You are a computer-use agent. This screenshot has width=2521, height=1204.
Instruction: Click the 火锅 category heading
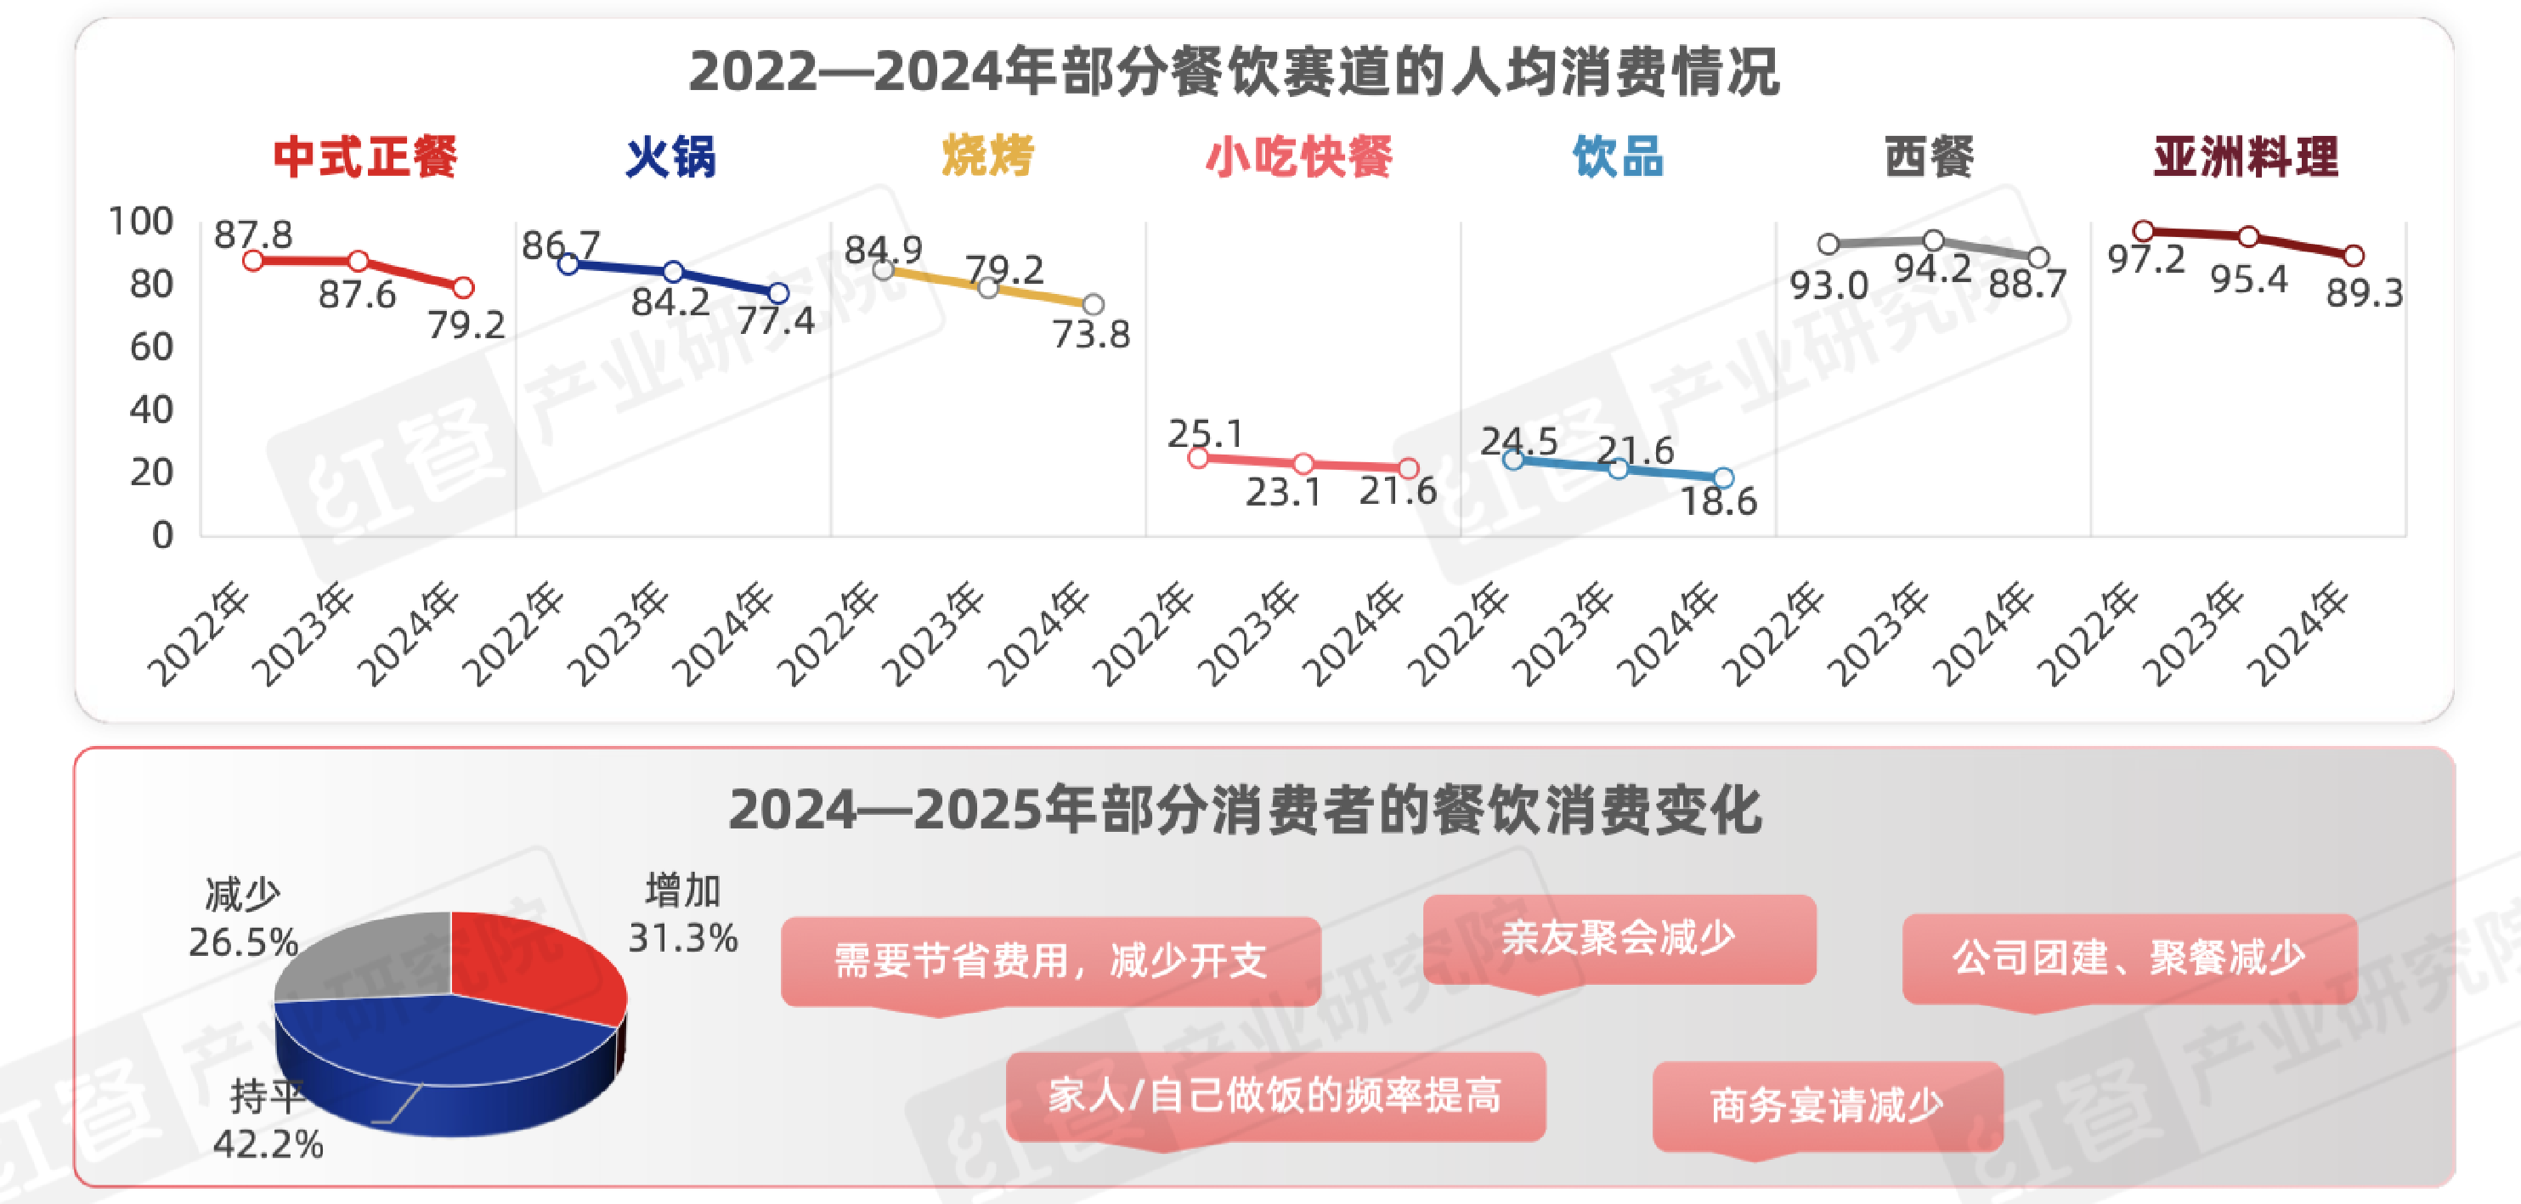pyautogui.click(x=670, y=157)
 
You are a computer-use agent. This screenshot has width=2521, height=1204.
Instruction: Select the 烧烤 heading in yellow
pyautogui.click(x=987, y=156)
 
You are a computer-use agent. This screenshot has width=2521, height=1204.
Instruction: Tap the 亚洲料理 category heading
pyautogui.click(x=2246, y=157)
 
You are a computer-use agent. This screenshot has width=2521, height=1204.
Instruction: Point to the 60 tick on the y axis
pyautogui.click(x=152, y=347)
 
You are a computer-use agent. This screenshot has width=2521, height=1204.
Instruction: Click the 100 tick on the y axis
pyautogui.click(x=141, y=221)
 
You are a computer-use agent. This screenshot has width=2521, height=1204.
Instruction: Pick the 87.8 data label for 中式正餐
pyautogui.click(x=253, y=235)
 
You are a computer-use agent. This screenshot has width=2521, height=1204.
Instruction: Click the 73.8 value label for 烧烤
pyautogui.click(x=1091, y=335)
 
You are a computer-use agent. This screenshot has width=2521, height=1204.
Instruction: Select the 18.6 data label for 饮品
pyautogui.click(x=1719, y=501)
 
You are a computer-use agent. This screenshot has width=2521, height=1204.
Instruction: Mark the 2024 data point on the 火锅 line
pyautogui.click(x=778, y=292)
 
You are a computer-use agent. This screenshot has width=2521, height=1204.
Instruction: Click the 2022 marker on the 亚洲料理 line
pyautogui.click(x=2143, y=231)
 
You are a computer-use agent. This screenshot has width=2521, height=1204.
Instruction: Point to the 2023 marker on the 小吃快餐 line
pyautogui.click(x=1303, y=463)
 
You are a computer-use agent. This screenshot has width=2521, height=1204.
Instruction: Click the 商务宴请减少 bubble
pyautogui.click(x=1827, y=1106)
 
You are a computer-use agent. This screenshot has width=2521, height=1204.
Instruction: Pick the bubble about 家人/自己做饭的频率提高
pyautogui.click(x=1275, y=1096)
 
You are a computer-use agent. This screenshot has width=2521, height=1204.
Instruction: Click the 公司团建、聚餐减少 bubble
pyautogui.click(x=2129, y=958)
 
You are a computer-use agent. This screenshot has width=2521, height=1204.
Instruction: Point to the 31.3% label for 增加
pyautogui.click(x=683, y=938)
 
